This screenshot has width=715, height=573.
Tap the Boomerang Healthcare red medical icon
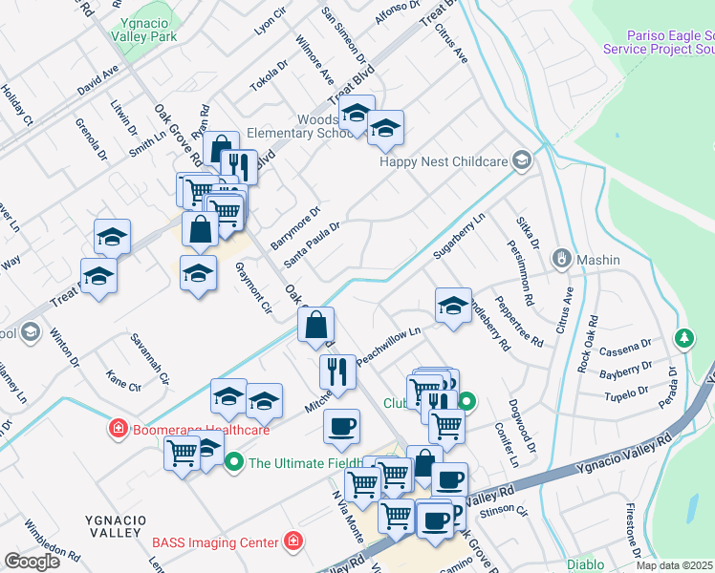[119, 430]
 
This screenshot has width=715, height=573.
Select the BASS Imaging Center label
[215, 542]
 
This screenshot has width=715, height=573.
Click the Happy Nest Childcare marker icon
[521, 159]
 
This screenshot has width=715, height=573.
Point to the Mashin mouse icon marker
[562, 259]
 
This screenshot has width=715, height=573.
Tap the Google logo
[32, 562]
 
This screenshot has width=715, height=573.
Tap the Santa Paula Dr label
[312, 245]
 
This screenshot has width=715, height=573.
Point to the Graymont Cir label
[253, 287]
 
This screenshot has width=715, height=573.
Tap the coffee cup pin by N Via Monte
[341, 427]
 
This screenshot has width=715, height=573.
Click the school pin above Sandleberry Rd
[453, 307]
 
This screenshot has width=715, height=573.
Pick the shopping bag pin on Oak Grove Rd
[315, 325]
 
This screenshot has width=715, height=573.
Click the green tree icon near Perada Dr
[683, 338]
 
